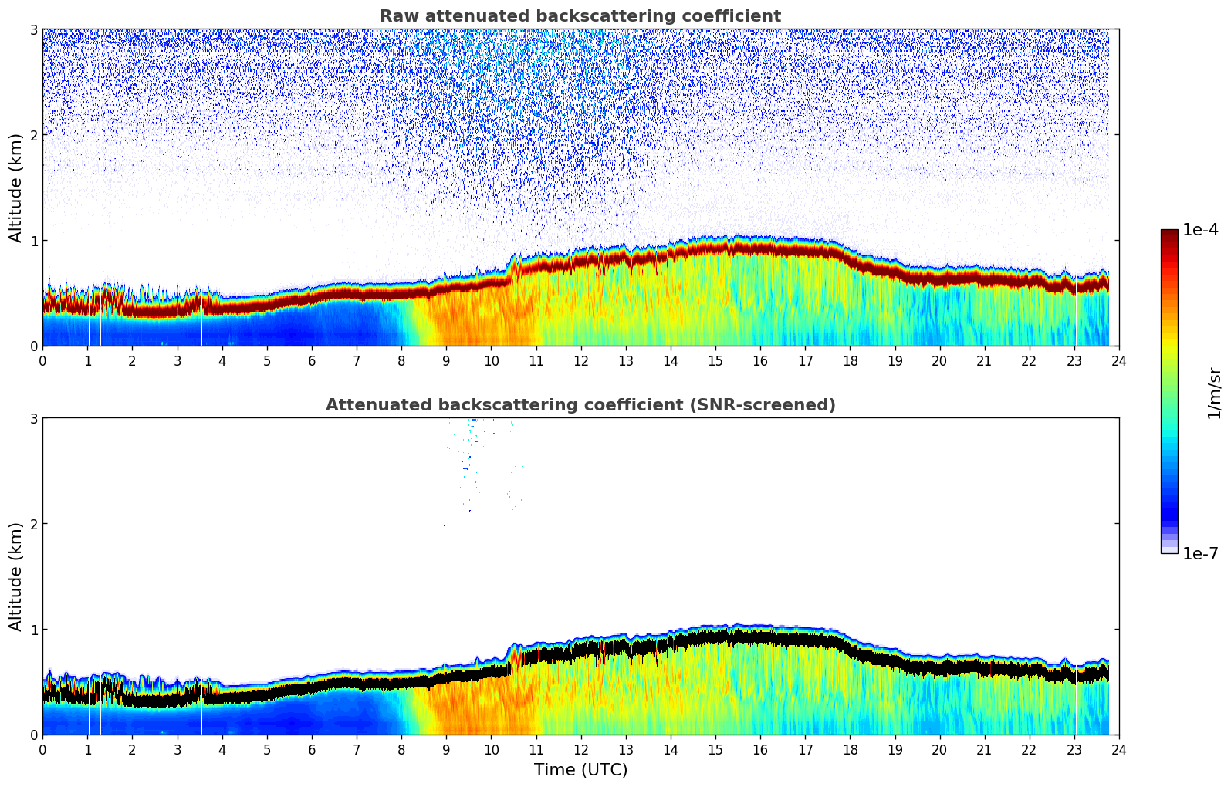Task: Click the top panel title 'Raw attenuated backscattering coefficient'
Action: click(580, 16)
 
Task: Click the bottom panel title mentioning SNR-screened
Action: click(580, 405)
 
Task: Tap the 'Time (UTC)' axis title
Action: click(580, 770)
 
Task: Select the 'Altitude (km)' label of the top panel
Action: click(16, 187)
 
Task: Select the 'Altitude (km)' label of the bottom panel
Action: click(16, 576)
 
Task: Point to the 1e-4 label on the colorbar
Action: click(1200, 230)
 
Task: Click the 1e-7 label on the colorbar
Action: click(1200, 553)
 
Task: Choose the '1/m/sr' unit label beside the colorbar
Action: click(1214, 393)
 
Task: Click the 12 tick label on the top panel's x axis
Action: click(580, 360)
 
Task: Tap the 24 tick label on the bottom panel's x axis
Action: click(1119, 749)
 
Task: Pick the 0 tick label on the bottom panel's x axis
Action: click(42, 749)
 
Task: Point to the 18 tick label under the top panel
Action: click(850, 360)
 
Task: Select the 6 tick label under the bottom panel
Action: click(312, 749)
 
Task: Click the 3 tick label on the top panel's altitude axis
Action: click(34, 29)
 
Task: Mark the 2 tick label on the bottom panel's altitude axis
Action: click(34, 524)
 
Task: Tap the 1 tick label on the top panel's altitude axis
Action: click(34, 241)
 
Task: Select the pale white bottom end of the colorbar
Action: click(1169, 550)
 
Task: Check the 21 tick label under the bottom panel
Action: click(984, 749)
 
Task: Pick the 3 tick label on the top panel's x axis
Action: click(178, 360)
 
